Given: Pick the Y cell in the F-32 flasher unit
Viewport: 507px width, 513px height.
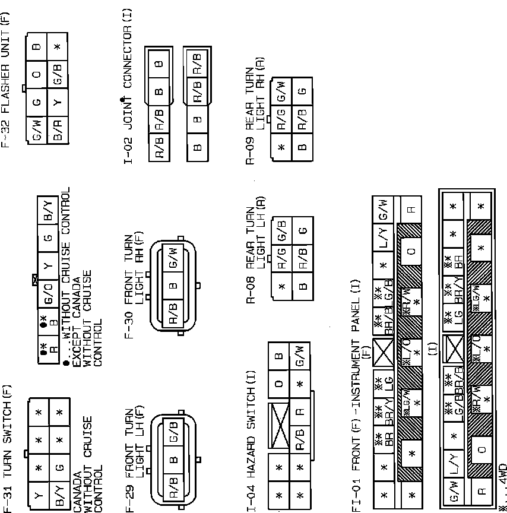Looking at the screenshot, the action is pos(58,103).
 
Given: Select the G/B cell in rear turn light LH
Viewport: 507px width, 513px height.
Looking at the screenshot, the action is pos(282,230).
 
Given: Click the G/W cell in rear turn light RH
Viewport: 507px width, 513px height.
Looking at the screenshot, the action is pos(282,91).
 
